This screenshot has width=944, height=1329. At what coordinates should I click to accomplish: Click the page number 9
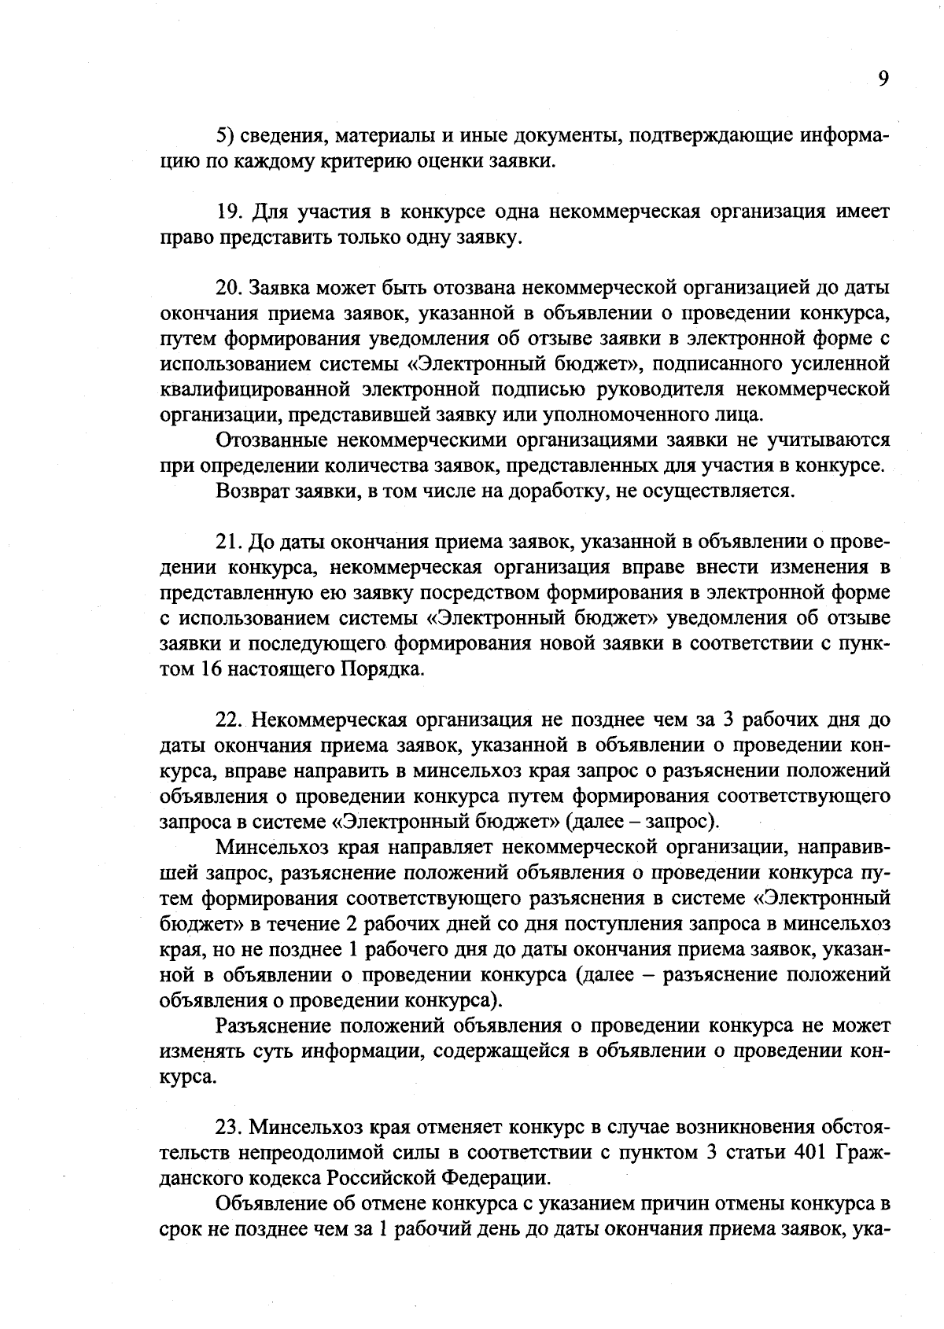tap(883, 79)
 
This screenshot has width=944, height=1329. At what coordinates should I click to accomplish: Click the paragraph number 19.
tap(227, 212)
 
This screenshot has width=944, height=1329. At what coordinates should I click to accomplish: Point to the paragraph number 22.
tap(228, 720)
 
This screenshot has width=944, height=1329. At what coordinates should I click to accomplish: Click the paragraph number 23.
tap(228, 1127)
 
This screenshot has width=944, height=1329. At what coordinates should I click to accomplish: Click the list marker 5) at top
tap(224, 136)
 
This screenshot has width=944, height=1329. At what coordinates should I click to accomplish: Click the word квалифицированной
tap(254, 390)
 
